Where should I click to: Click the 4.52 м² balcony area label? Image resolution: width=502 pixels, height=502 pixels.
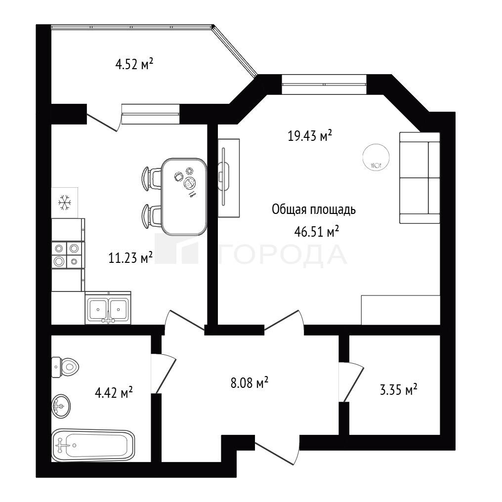coord(134,64)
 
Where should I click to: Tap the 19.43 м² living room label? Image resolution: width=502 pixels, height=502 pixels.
coord(310,135)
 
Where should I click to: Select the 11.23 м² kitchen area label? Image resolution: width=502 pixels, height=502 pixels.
coord(130,257)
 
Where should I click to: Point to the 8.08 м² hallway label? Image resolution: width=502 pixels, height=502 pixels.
coord(250,382)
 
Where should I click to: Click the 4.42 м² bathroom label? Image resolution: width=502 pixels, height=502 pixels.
coord(114,392)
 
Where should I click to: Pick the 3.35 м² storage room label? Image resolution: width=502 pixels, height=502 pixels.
coord(398,390)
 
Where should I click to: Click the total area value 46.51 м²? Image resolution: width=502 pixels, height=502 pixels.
coord(317,231)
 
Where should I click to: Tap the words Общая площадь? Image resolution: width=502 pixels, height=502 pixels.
coord(314,209)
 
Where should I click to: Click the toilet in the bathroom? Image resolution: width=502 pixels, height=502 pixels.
coord(65,367)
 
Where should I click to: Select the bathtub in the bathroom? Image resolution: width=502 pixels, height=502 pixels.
coord(93,445)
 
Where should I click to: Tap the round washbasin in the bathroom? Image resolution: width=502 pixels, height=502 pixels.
coord(61,406)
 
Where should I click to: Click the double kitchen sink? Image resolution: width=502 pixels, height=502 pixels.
coord(108,308)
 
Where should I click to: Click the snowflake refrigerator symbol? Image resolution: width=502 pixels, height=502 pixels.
coord(65,203)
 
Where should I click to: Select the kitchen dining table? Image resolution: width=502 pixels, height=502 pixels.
coord(184,197)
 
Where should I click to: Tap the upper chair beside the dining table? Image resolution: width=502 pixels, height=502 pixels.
coord(151,178)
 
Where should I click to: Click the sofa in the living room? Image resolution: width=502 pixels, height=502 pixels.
coord(419,178)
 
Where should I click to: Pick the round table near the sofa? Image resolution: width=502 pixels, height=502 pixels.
coord(376,157)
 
